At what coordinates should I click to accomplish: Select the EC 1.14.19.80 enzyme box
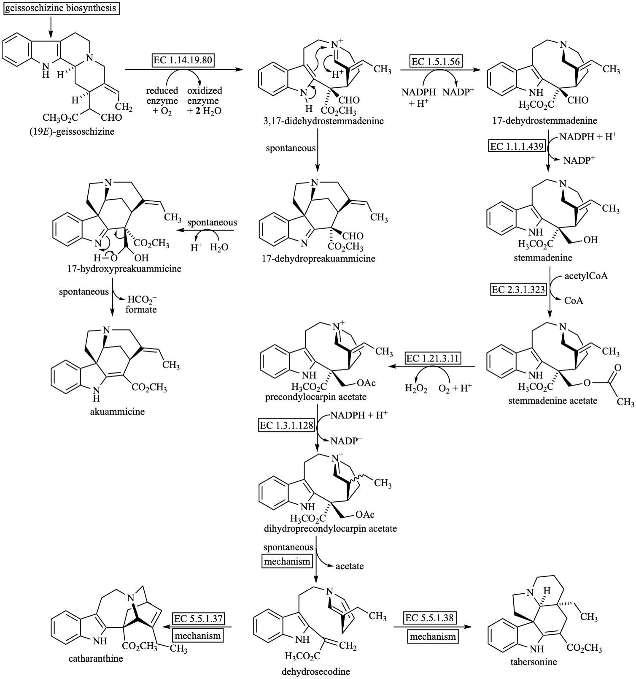point(183,60)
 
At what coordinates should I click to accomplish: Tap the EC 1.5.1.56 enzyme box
point(436,61)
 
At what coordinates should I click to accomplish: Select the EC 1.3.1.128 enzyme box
point(287,425)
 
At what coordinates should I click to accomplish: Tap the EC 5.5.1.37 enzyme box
point(198,619)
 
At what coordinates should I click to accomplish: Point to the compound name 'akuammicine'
point(117,411)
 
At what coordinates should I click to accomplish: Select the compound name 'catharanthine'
point(96,658)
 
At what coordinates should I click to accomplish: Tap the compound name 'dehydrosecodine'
point(316,671)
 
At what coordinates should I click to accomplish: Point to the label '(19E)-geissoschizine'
point(72,131)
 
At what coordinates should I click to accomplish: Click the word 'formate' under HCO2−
point(141,310)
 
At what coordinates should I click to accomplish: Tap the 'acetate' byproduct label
point(350,566)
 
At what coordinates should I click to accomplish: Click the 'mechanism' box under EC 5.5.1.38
point(432,636)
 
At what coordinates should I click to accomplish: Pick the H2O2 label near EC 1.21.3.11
point(416,388)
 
